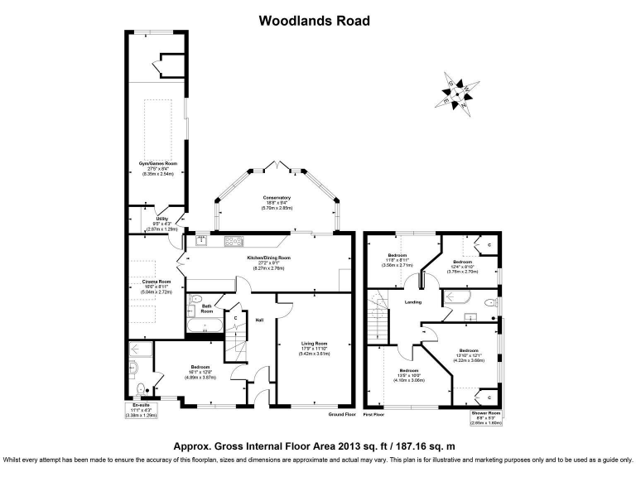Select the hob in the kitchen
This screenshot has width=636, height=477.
pyautogui.click(x=233, y=241)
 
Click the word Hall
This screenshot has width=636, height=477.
pyautogui.click(x=259, y=320)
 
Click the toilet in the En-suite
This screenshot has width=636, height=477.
pyautogui.click(x=141, y=387)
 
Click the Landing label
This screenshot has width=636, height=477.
pyautogui.click(x=412, y=301)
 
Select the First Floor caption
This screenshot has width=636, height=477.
pyautogui.click(x=374, y=413)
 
